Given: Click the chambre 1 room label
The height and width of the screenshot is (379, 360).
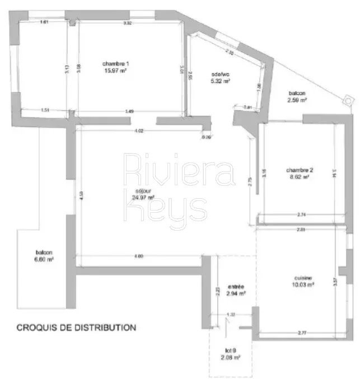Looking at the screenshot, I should tap(116, 63).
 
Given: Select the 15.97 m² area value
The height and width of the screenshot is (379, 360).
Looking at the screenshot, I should tap(116, 71).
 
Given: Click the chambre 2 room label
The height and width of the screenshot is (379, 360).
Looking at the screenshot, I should tap(299, 170).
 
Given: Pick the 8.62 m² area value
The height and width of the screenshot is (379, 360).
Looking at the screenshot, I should tap(299, 176).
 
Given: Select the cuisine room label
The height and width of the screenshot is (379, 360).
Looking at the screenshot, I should tap(303, 278).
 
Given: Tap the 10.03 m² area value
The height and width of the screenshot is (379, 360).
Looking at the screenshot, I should tap(303, 284).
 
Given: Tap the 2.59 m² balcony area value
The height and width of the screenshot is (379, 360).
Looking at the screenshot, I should tap(297, 100).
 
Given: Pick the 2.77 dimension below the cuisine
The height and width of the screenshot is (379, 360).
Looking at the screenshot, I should tap(302, 333).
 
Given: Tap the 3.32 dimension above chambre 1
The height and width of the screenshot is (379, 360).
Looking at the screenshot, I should tap(127, 23).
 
